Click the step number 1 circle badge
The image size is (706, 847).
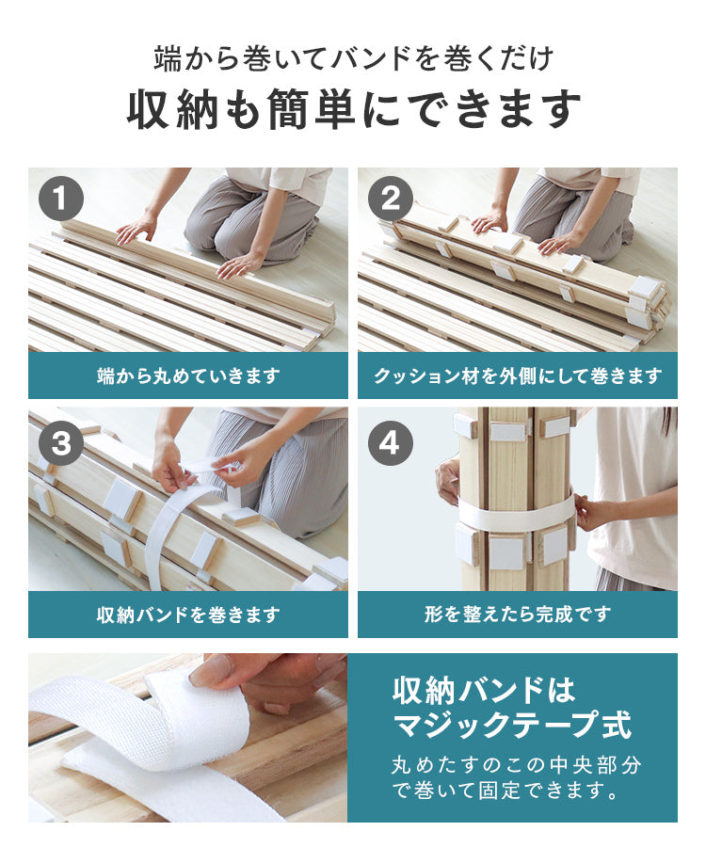(x=61, y=200)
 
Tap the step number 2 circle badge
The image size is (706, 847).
(x=391, y=200)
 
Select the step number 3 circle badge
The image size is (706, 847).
(x=61, y=442)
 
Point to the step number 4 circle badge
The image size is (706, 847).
(x=391, y=442)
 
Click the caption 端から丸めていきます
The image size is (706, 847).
(x=188, y=376)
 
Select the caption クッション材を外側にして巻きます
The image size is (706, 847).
(x=518, y=376)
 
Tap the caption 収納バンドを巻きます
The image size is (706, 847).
(x=188, y=615)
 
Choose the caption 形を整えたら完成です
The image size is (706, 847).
(x=518, y=615)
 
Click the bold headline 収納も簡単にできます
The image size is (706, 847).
(x=353, y=111)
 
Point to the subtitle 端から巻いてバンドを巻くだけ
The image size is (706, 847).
(x=353, y=59)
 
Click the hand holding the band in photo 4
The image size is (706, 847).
(x=587, y=514)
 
